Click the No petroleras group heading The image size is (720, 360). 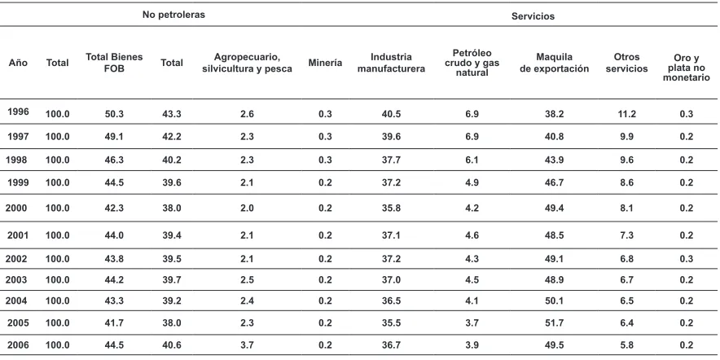173,15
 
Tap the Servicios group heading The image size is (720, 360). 533,16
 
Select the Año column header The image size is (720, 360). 18,63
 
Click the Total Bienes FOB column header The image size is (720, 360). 114,63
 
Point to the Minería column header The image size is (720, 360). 325,63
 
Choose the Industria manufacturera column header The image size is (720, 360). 391,63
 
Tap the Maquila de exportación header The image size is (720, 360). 554,63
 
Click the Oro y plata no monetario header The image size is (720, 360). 686,68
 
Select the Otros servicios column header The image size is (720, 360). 626,63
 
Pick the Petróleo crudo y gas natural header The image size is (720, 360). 472,63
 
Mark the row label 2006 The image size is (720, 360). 18,345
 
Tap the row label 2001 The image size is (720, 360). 18,235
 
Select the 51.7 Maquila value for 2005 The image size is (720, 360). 554,323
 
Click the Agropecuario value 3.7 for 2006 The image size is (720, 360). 247,345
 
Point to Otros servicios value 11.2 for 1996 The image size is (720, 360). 626,114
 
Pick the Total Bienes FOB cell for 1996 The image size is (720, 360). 114,114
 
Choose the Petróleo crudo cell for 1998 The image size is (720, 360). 472,160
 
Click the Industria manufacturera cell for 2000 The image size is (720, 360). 391,208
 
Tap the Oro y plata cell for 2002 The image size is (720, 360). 686,258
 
